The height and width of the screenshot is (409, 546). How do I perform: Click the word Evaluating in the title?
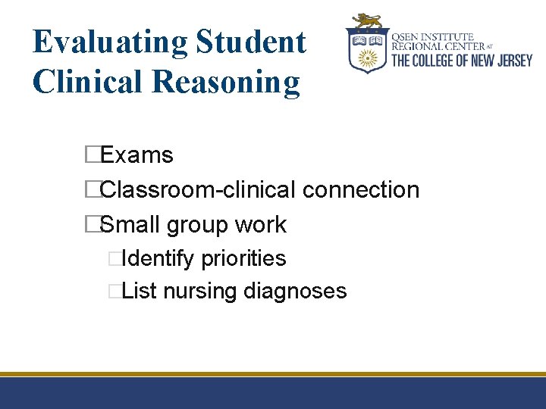110,43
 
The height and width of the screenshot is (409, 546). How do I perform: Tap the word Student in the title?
251,42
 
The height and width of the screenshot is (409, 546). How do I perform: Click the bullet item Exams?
136,155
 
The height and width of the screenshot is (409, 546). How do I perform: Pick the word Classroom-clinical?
198,189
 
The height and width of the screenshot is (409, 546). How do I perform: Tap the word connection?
361,189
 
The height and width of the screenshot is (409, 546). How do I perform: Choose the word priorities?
243,259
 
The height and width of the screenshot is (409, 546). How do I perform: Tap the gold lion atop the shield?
367,20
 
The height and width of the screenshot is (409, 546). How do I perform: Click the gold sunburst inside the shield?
368,57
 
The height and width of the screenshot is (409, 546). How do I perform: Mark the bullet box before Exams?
93,155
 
